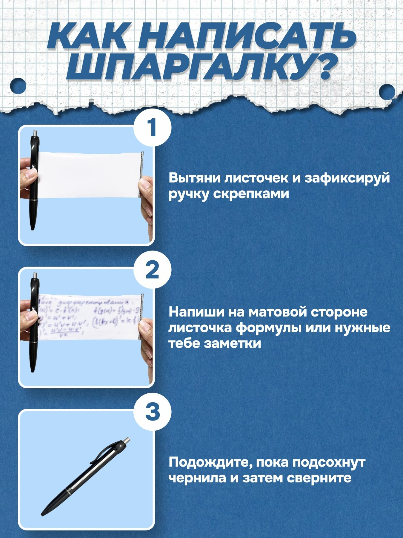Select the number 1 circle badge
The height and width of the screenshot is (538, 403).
coord(152,127)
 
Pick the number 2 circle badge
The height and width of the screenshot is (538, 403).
coord(152,270)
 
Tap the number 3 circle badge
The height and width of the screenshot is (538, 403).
coord(152,412)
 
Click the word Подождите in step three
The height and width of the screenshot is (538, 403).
coord(206,462)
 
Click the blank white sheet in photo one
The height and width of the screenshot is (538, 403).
coord(90,175)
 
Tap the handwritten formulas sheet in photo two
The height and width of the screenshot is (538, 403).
coord(90,317)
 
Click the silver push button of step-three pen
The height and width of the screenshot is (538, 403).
coord(127,441)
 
